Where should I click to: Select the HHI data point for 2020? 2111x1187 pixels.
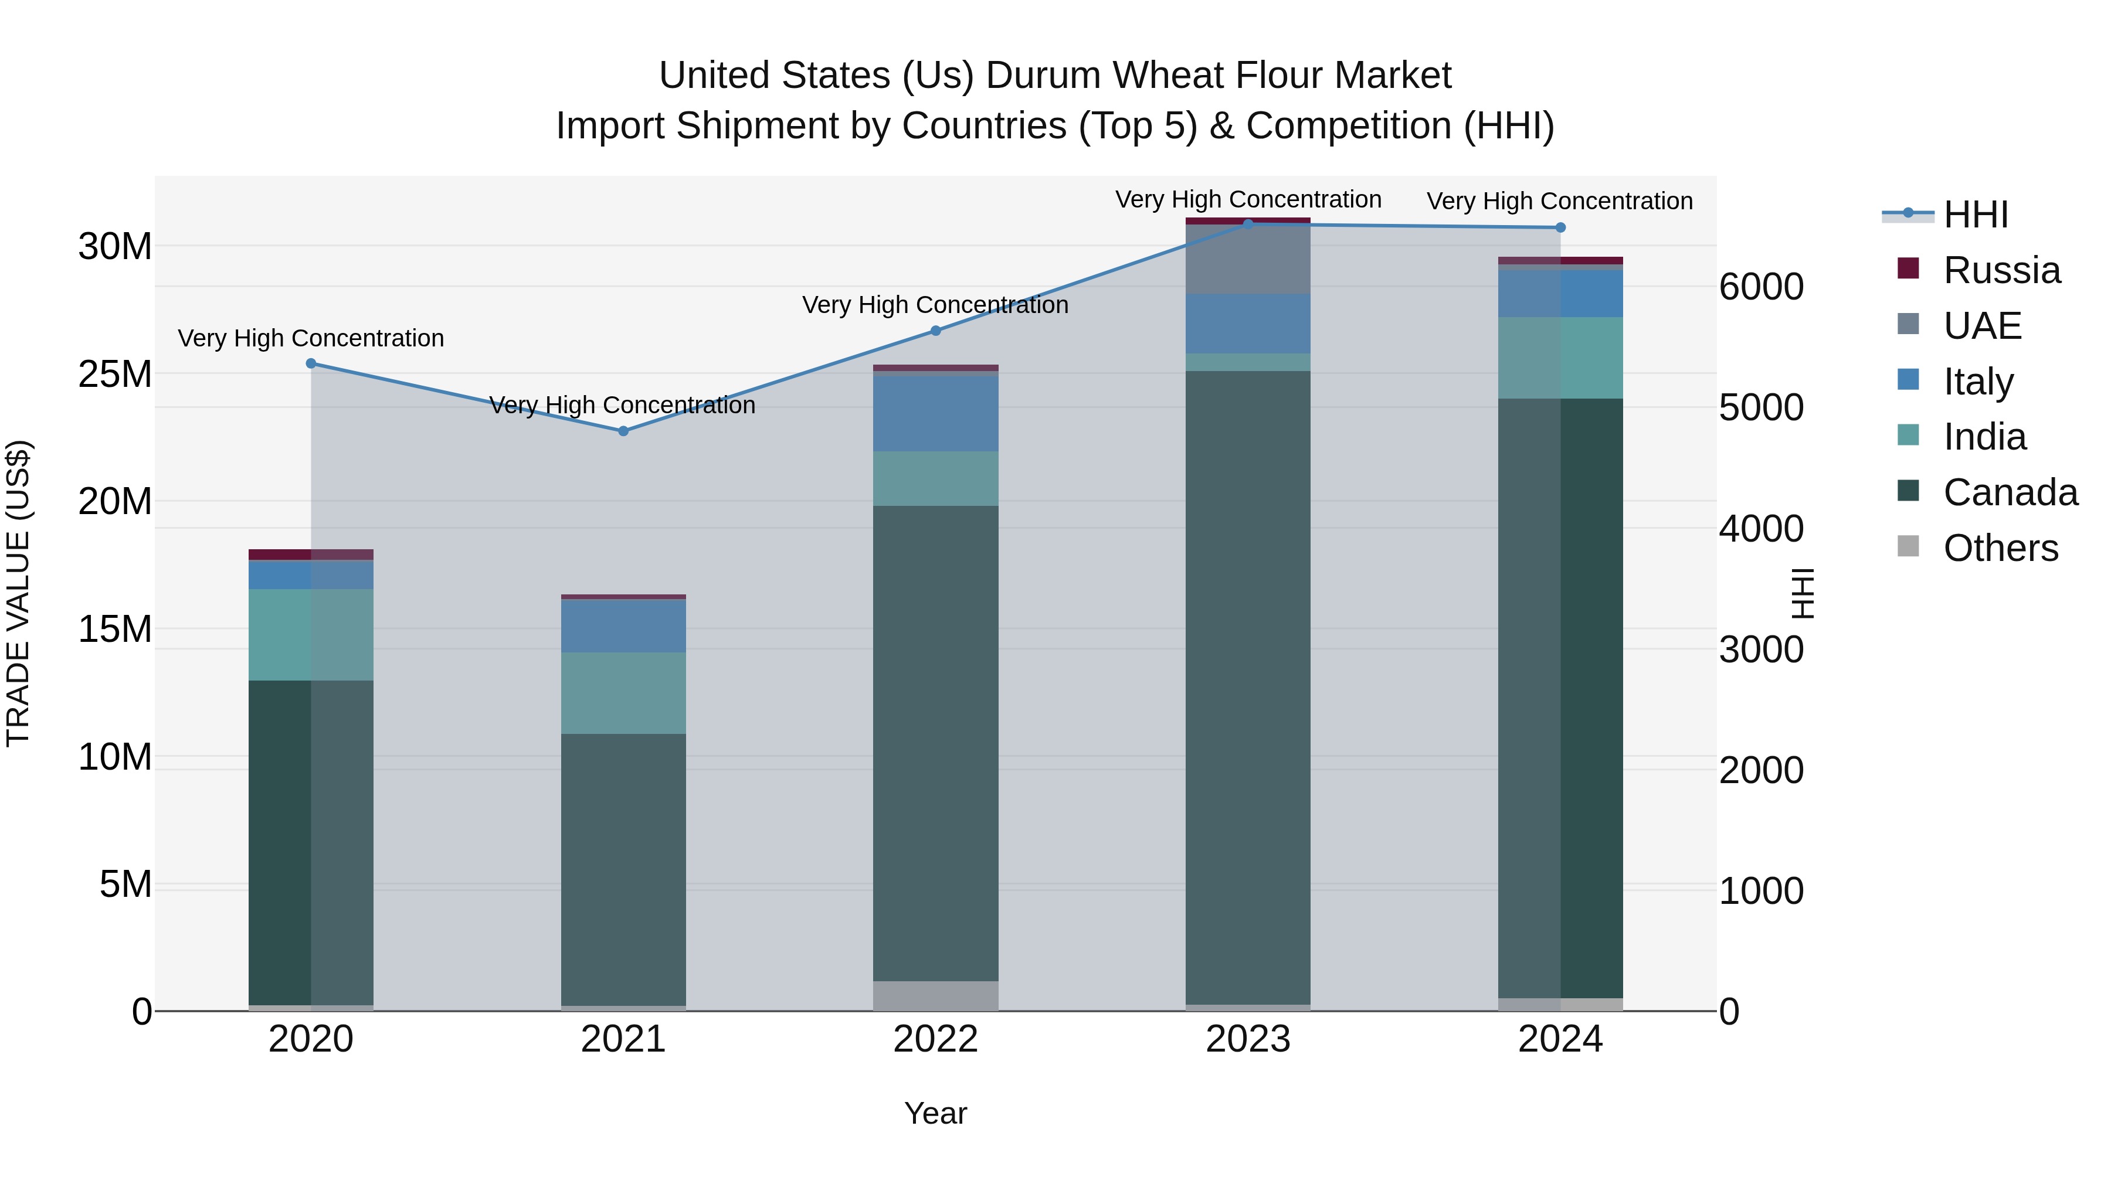coord(311,363)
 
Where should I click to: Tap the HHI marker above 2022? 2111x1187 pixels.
coord(936,331)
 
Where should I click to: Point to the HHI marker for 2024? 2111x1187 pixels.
coord(1560,228)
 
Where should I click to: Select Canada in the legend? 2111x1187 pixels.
coord(2010,493)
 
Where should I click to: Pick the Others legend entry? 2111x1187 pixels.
coord(2000,548)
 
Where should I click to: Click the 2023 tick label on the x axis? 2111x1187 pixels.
coord(1248,1039)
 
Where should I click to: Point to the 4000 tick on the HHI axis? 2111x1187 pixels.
coord(1761,529)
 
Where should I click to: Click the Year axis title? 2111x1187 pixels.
coord(935,1113)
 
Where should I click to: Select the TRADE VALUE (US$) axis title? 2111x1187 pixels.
coord(18,593)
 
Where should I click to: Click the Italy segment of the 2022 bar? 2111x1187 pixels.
coord(936,413)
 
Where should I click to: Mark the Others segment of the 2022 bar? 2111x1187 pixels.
coord(936,995)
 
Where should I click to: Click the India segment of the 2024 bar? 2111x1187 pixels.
coord(1560,358)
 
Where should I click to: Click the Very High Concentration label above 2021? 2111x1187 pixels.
coord(622,406)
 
